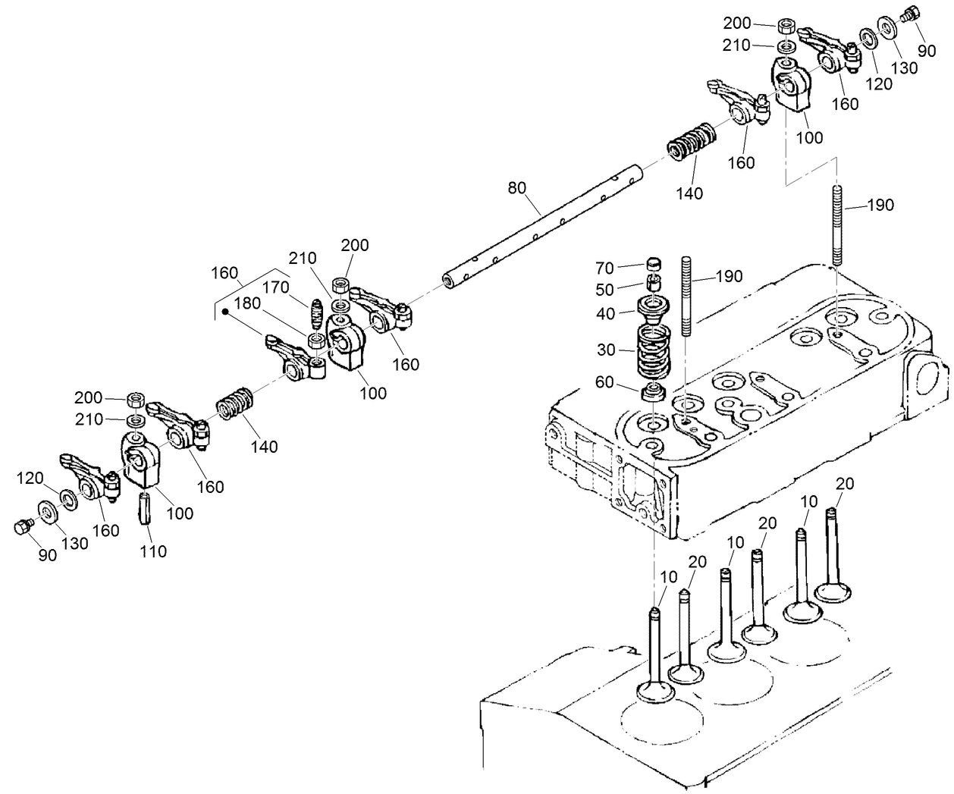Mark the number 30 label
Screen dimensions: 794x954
coord(604,350)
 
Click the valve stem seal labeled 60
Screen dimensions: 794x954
coord(653,392)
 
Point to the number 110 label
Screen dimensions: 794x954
coord(153,551)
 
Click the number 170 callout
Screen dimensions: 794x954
coord(275,287)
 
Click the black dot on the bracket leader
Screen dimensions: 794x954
coord(226,310)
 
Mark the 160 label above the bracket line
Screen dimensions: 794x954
coord(224,273)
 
